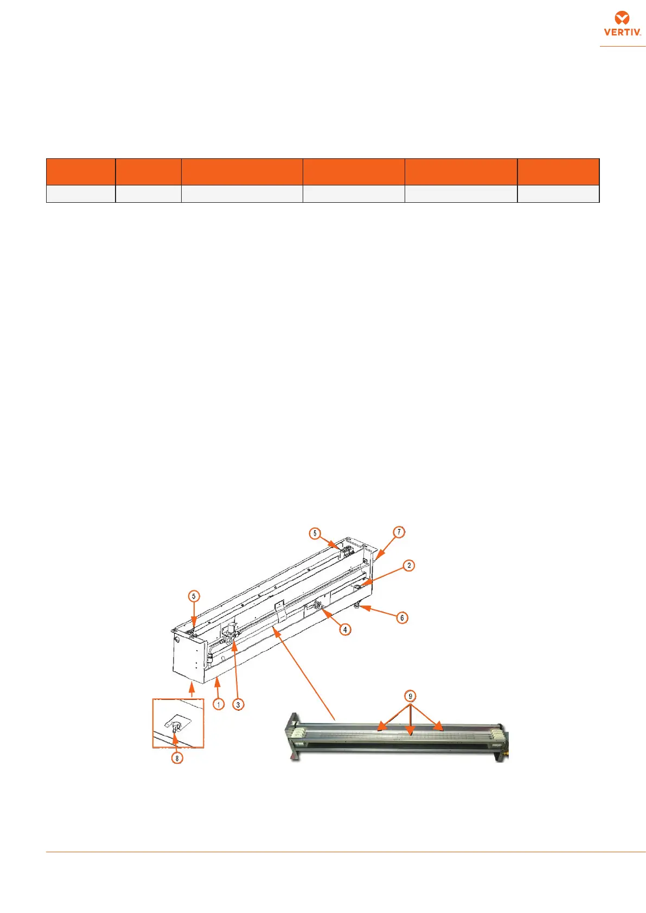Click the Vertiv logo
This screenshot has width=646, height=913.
tap(622, 24)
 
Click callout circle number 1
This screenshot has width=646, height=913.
tap(219, 704)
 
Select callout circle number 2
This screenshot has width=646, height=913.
tap(409, 565)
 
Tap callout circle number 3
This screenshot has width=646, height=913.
tap(238, 704)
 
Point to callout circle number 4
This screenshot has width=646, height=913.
tap(345, 630)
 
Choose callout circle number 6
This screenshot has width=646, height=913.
tap(402, 618)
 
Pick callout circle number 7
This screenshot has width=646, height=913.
tap(399, 532)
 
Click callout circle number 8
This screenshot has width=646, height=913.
tap(177, 758)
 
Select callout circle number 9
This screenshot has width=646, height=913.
tap(410, 696)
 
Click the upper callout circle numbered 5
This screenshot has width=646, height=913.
tap(315, 533)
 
